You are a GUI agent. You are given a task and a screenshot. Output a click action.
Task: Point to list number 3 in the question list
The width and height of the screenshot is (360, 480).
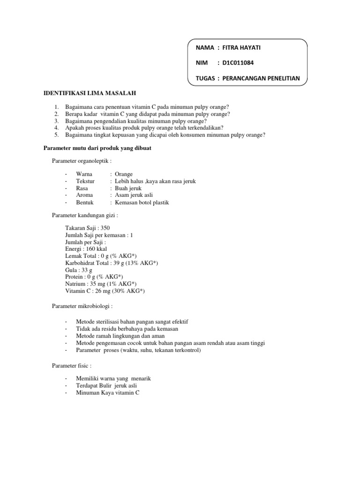(x=56, y=120)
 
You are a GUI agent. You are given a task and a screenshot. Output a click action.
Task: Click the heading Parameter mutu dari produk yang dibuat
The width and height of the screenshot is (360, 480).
(x=97, y=148)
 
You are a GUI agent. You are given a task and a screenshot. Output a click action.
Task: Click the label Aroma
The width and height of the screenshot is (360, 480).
(x=84, y=195)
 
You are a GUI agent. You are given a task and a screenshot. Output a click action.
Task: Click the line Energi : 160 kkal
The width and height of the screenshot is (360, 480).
(x=87, y=249)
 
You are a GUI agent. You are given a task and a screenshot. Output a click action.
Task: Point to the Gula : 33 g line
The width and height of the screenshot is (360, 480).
(x=79, y=270)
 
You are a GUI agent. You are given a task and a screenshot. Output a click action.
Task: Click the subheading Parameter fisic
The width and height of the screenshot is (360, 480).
(x=71, y=365)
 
